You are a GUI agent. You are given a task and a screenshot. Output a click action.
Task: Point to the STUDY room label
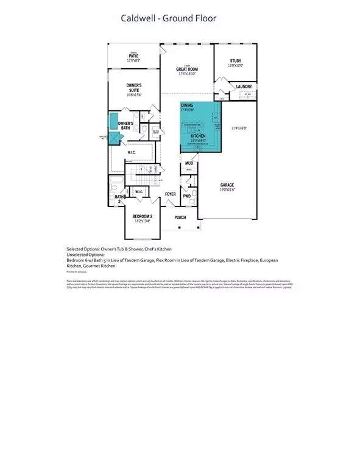(x=235, y=61)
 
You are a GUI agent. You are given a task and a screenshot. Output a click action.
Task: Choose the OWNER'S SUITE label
(x=134, y=88)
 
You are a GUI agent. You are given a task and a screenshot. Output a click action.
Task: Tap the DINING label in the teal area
(x=187, y=105)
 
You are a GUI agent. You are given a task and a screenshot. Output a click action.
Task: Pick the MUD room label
(x=189, y=163)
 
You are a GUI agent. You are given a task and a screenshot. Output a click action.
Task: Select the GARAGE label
(x=227, y=185)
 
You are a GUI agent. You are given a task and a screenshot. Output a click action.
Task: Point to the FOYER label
(x=171, y=194)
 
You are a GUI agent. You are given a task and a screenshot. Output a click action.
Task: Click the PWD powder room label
(x=186, y=196)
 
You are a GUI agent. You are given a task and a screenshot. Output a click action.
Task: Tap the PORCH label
(x=180, y=217)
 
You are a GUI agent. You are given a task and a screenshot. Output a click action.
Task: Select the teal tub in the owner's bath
(x=114, y=121)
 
